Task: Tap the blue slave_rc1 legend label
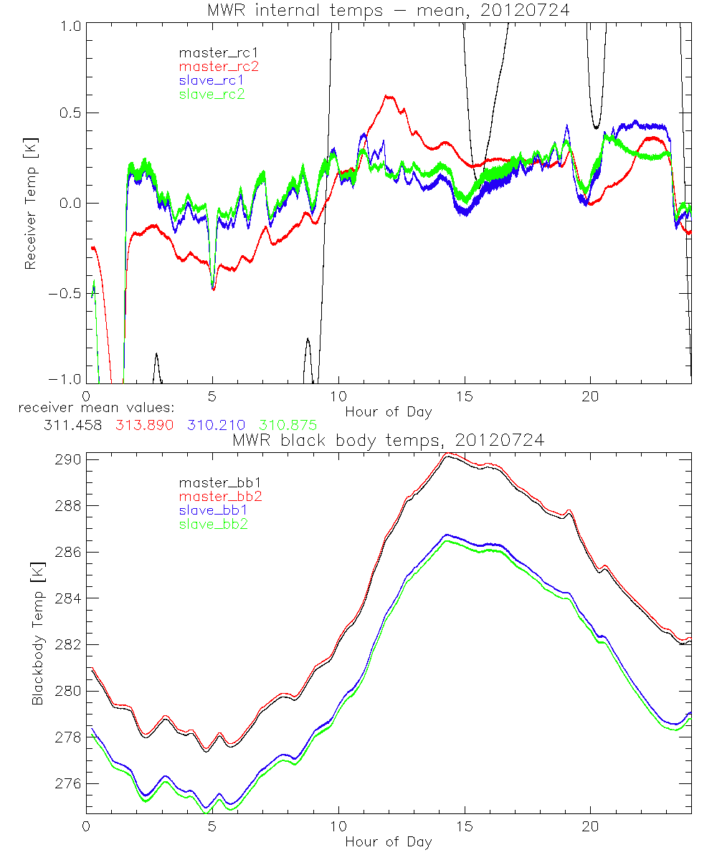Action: pos(212,80)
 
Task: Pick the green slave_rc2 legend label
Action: pos(212,94)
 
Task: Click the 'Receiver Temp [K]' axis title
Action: pos(31,203)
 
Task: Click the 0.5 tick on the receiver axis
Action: pos(70,113)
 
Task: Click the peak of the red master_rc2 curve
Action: pos(388,95)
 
